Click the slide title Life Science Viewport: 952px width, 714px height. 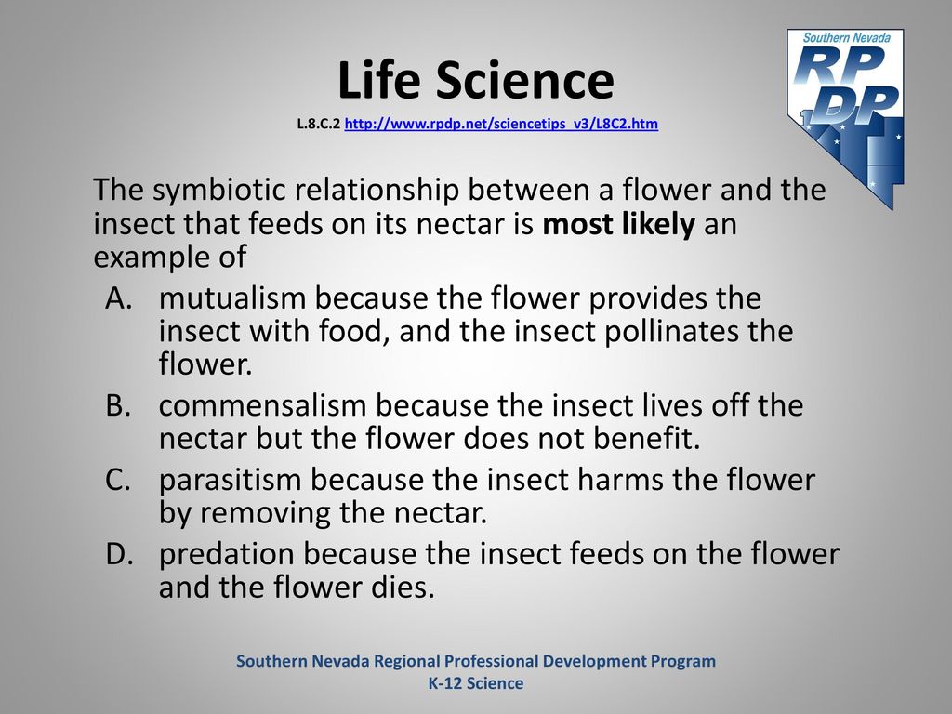tap(476, 80)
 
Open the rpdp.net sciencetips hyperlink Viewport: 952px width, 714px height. tap(501, 124)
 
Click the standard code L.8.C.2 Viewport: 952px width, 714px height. tap(318, 124)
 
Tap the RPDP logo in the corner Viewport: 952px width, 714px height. tap(846, 118)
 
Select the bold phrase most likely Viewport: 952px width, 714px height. tap(618, 224)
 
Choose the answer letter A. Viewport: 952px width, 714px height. tap(119, 298)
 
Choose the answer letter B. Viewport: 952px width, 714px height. tap(118, 405)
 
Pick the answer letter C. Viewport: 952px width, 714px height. tap(118, 480)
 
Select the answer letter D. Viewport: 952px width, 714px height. tap(119, 554)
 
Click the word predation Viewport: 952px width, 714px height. tap(227, 554)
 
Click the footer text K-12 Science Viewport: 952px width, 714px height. tap(476, 683)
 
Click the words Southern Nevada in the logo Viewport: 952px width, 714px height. tap(846, 37)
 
